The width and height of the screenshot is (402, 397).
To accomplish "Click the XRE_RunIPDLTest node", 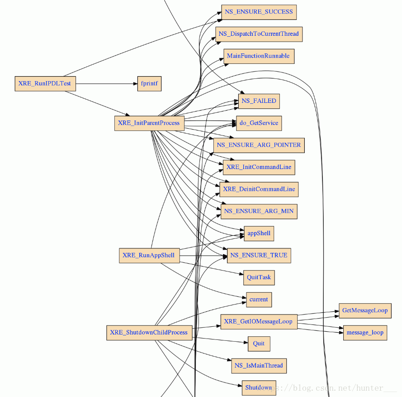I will (x=45, y=83).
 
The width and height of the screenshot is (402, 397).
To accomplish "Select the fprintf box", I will (x=149, y=84).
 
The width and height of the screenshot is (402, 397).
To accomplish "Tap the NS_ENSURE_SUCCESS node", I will (x=259, y=12).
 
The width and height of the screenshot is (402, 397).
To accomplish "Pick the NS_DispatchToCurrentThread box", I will (x=259, y=34).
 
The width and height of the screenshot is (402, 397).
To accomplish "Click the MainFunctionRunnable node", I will (x=259, y=56).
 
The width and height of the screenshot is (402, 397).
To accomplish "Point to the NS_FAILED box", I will (x=259, y=101).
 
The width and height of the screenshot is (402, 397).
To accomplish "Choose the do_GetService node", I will (x=259, y=123).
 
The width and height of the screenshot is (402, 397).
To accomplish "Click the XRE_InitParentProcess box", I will (x=149, y=123).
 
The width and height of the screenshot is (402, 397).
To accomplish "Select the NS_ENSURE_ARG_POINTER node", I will (x=259, y=145).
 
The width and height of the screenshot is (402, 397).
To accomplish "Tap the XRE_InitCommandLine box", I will (x=259, y=167).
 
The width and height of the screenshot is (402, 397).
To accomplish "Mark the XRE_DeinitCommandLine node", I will (x=259, y=189).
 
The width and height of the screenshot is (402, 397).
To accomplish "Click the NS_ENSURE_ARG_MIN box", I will (x=259, y=211).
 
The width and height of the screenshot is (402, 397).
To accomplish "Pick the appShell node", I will (x=259, y=233).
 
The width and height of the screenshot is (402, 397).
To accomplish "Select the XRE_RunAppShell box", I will (x=148, y=256).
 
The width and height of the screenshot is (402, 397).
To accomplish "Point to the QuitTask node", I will (x=259, y=277).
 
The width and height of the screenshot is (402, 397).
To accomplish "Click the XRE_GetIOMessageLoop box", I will (x=258, y=322).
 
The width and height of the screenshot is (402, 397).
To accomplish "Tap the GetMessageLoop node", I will (x=365, y=310).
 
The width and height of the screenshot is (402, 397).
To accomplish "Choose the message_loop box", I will (x=365, y=333).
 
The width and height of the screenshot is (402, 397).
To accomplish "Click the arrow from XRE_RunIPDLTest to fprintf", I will (x=107, y=84).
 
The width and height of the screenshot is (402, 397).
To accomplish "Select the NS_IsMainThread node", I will (x=259, y=366).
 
